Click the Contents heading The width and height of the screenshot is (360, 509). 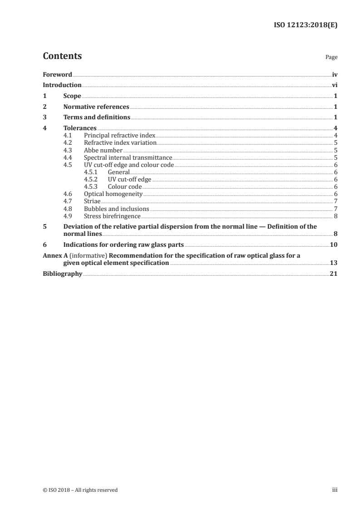62,56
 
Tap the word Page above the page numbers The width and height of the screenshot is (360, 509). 331,58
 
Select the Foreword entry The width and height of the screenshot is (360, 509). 57,74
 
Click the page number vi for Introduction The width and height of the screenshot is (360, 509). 334,85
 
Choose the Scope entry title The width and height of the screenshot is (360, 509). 72,96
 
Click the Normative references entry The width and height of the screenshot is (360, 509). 96,107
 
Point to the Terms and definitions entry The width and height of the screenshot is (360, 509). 97,118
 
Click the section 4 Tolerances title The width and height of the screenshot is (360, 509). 79,128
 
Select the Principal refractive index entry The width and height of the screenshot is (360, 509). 119,135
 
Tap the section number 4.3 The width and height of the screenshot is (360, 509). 68,150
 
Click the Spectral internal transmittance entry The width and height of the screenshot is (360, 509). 128,157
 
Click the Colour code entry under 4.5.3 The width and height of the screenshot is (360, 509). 125,186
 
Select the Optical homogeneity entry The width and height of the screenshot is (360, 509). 113,194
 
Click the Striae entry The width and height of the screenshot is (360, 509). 92,201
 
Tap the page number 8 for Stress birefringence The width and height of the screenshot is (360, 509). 335,216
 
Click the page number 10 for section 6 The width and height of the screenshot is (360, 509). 333,245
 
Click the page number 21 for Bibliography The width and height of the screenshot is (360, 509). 333,274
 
